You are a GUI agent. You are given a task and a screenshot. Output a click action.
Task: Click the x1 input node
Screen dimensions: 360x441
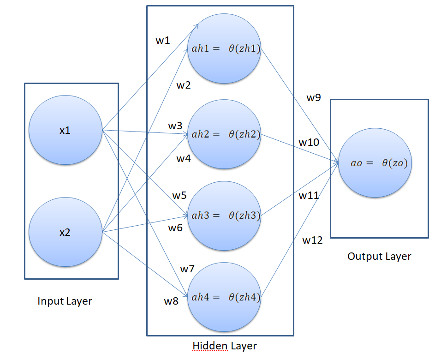click(65, 131)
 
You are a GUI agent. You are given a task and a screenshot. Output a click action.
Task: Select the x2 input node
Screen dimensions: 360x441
click(65, 232)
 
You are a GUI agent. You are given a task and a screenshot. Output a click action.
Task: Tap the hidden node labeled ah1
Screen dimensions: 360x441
click(224, 48)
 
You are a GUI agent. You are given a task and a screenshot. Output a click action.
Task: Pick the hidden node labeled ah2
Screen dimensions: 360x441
click(224, 135)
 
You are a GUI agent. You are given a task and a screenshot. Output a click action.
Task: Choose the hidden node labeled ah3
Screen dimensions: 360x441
click(224, 215)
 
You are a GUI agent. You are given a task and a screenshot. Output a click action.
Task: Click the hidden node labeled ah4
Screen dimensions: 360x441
click(224, 297)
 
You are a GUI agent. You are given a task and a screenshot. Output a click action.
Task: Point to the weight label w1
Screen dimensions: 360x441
click(162, 41)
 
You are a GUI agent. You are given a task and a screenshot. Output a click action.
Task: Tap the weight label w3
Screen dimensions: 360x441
click(175, 126)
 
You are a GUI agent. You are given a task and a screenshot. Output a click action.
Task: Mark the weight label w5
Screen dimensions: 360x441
click(179, 195)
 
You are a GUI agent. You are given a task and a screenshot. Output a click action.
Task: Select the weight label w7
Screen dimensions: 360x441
click(187, 269)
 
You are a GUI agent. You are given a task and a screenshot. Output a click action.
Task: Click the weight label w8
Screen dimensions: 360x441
click(171, 301)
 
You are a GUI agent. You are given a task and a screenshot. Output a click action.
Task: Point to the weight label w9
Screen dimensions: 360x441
click(314, 97)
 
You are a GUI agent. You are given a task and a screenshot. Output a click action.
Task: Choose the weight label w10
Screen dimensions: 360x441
click(309, 143)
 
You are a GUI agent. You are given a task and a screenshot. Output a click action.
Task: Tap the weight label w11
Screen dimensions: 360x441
click(309, 195)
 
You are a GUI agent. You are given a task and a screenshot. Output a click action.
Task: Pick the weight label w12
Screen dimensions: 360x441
click(312, 240)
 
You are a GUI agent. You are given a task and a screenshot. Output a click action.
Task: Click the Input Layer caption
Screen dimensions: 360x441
click(65, 301)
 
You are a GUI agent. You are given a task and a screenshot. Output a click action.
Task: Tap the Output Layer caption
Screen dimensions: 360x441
click(379, 256)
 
